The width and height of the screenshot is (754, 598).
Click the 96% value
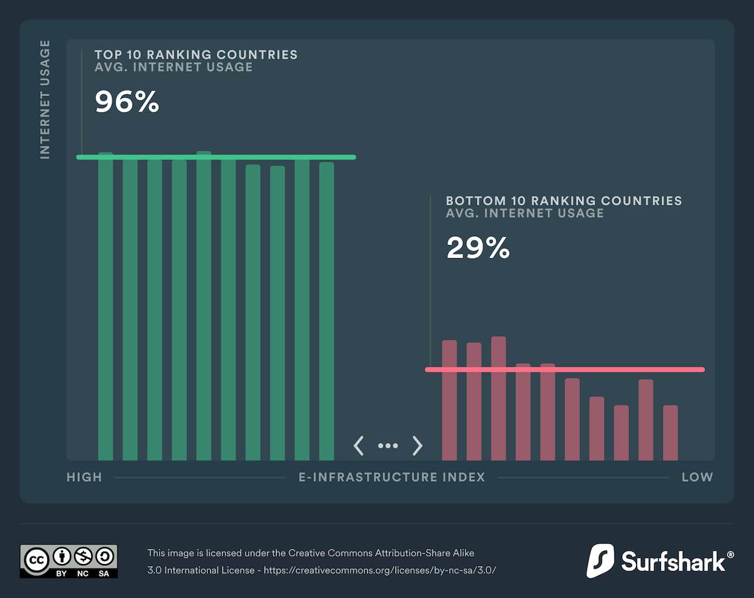pyautogui.click(x=127, y=102)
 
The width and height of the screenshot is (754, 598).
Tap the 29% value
pyautogui.click(x=478, y=248)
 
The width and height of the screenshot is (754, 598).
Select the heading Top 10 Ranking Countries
pyautogui.click(x=196, y=55)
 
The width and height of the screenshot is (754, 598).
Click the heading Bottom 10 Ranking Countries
pyautogui.click(x=564, y=201)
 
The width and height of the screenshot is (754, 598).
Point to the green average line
pyautogui.click(x=216, y=157)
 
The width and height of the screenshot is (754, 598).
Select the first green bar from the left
pyautogui.click(x=106, y=308)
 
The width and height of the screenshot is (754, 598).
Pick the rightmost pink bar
pyautogui.click(x=670, y=433)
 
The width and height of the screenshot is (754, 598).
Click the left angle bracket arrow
pyautogui.click(x=359, y=446)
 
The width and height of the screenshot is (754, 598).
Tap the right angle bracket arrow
pyautogui.click(x=417, y=446)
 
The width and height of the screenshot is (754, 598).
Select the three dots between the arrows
pyautogui.click(x=388, y=446)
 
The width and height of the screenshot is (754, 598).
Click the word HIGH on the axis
pyautogui.click(x=84, y=477)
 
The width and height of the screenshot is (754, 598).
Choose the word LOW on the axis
pyautogui.click(x=697, y=477)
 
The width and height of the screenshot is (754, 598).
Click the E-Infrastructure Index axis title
pyautogui.click(x=391, y=477)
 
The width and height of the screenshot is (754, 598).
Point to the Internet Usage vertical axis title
pyautogui.click(x=45, y=99)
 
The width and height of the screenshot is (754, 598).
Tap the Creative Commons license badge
pyautogui.click(x=68, y=561)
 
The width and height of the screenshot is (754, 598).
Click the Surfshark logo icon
pyautogui.click(x=600, y=561)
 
